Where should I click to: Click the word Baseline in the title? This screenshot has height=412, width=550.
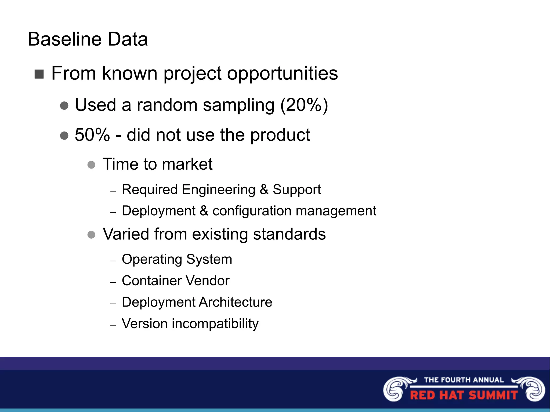(x=64, y=39)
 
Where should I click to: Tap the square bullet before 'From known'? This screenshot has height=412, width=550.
(x=39, y=74)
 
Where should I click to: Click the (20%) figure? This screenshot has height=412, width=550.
(x=304, y=105)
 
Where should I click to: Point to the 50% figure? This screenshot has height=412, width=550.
(x=92, y=135)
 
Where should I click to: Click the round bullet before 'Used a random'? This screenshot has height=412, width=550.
(x=64, y=105)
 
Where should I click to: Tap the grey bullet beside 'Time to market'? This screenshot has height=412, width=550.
(x=91, y=165)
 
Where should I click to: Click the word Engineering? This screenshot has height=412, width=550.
(x=218, y=189)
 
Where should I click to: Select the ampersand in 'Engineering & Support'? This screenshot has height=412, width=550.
(x=264, y=189)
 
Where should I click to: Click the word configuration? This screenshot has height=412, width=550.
(x=251, y=211)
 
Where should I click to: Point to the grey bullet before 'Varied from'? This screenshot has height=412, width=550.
(x=91, y=235)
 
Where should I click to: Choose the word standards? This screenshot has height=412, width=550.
(x=289, y=234)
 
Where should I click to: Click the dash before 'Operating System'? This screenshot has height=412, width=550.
(x=113, y=261)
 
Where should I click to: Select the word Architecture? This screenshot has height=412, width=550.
(x=235, y=302)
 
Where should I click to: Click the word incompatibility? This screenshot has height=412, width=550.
(x=215, y=324)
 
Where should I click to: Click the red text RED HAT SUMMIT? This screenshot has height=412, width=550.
(x=464, y=395)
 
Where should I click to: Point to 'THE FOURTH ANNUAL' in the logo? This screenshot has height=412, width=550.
(x=464, y=380)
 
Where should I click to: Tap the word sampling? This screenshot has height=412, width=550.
(x=238, y=105)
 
